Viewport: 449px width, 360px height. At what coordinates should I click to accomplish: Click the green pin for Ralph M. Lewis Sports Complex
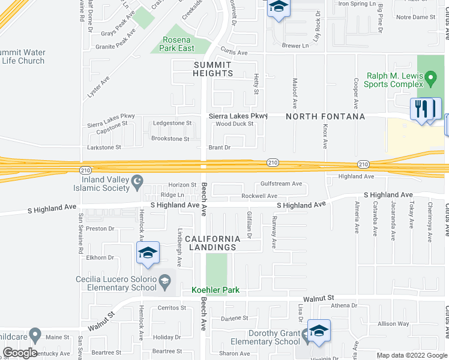430,78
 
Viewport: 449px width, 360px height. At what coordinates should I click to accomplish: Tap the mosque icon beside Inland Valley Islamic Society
138,180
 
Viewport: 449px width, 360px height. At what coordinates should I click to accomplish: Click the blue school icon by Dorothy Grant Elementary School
319,331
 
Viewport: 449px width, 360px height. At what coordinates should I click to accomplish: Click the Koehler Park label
215,290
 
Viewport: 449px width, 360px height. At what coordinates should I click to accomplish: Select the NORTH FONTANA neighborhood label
325,116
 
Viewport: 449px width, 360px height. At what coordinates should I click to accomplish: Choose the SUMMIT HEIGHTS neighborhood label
212,69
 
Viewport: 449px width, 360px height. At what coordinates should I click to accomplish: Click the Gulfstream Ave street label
281,184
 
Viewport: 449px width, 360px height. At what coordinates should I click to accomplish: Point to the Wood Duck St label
235,124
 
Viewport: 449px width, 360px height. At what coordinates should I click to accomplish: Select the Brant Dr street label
219,147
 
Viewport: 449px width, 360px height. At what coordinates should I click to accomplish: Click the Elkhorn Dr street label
100,257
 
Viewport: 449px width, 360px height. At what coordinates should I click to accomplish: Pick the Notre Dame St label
415,17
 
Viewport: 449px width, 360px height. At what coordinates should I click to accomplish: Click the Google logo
19,353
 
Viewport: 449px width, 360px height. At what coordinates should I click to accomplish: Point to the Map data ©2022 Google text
411,355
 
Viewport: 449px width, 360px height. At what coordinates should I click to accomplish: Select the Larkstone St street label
105,146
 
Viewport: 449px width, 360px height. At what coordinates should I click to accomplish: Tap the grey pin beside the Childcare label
35,335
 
